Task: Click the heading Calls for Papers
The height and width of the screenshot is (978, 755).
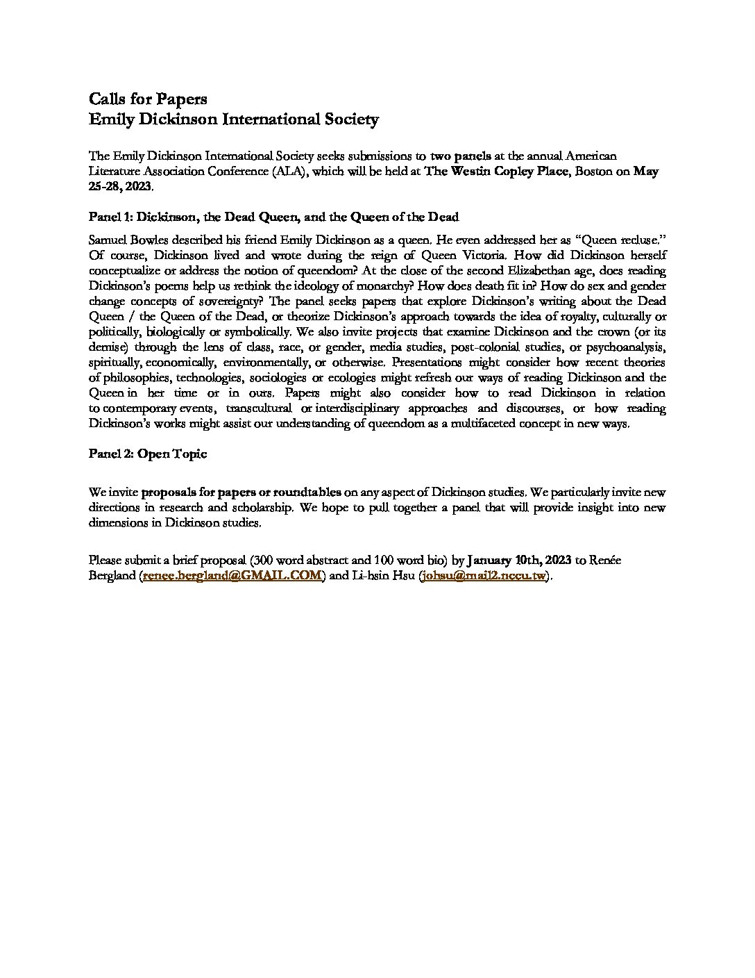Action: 148,99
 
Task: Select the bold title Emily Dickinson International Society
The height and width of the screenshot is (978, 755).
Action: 234,119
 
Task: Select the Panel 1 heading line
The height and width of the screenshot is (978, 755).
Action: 274,217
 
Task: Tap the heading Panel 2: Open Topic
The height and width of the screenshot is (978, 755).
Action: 148,454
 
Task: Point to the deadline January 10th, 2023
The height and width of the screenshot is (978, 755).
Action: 518,560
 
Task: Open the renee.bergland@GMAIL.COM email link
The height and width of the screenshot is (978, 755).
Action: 232,575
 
